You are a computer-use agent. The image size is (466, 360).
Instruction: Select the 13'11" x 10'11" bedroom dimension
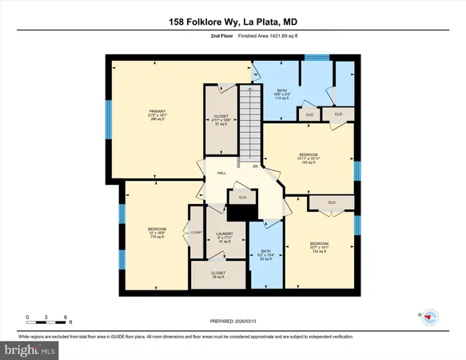309,158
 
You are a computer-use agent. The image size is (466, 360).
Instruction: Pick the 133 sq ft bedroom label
320,251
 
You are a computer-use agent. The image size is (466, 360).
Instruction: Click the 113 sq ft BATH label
281,99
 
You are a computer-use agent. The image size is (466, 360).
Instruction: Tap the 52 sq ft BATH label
266,259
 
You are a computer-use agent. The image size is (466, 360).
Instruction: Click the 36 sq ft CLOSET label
218,277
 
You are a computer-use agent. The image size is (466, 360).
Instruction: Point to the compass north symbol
429,317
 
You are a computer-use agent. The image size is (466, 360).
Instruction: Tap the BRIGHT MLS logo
31,350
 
